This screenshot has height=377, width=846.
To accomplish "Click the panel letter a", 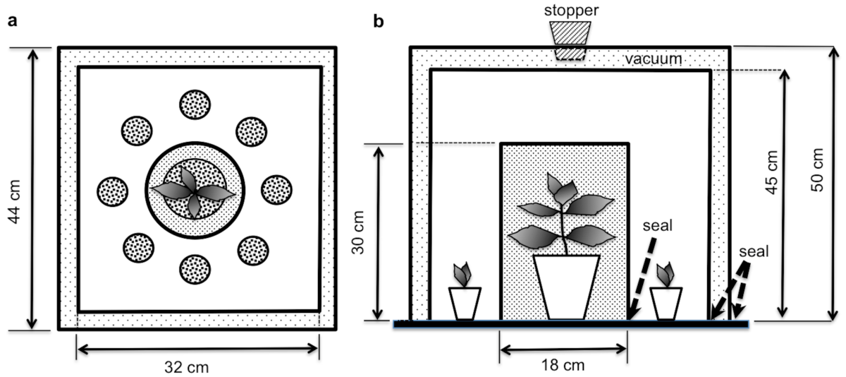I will (11, 21).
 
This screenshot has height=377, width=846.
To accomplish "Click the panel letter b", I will (379, 21).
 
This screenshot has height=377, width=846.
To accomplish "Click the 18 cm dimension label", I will (563, 366).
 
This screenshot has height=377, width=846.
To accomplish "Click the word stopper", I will (571, 10).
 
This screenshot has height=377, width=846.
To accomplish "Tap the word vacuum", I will (654, 59).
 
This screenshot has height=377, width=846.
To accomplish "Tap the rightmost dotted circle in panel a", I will (277, 189).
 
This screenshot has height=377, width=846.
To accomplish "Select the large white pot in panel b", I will (566, 287).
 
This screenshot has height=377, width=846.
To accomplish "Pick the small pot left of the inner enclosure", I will (465, 303).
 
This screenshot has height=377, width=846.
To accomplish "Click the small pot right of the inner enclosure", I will (666, 303).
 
